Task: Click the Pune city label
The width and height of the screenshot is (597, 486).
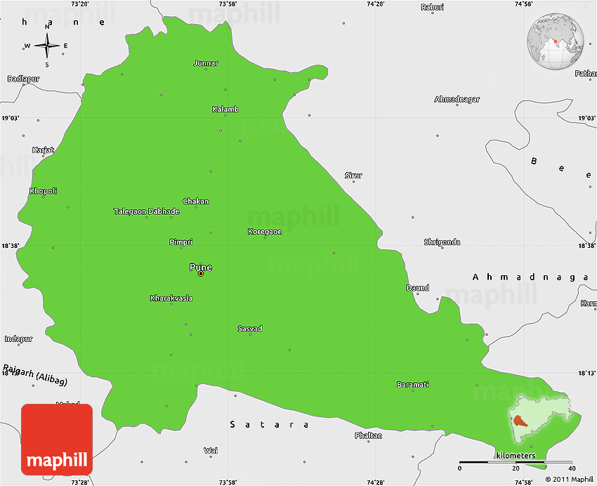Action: (x=200, y=267)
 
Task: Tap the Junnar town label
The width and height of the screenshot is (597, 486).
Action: (x=206, y=63)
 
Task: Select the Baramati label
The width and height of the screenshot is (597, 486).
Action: (x=413, y=384)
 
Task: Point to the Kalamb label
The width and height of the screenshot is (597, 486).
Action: (x=225, y=109)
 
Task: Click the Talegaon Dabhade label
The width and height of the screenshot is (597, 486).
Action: (x=147, y=211)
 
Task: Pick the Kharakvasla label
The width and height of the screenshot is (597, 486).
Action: (x=171, y=298)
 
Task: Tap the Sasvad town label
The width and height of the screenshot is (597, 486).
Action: (x=250, y=328)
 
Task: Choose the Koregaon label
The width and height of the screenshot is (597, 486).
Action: (x=265, y=231)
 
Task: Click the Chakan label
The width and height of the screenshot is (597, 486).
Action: (x=196, y=201)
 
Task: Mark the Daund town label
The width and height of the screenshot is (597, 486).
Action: (x=417, y=288)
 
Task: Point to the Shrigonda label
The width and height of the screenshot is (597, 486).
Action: (x=442, y=242)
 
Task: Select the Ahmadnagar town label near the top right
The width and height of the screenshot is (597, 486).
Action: (x=457, y=99)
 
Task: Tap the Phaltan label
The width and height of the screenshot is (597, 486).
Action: (x=369, y=435)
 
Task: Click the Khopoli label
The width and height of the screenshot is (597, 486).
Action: (x=43, y=190)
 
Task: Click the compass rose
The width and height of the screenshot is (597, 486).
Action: (x=46, y=46)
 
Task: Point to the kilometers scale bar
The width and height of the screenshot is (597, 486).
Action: (x=516, y=464)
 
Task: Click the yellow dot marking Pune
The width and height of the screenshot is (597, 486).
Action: (x=201, y=274)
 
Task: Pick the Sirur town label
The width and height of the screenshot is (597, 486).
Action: (x=353, y=175)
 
